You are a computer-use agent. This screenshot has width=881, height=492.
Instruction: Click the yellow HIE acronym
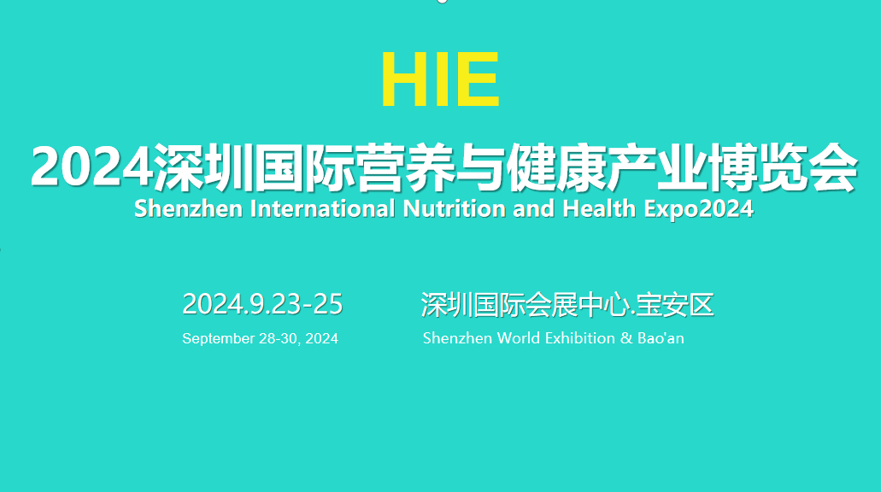click(441, 79)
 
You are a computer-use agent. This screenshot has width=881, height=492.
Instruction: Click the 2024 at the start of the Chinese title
click(92, 167)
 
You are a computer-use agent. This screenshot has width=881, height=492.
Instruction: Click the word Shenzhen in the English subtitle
click(188, 209)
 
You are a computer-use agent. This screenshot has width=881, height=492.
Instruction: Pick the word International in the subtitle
click(323, 209)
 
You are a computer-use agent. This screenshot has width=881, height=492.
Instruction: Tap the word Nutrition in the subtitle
click(454, 209)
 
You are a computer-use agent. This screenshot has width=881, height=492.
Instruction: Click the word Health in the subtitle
click(599, 209)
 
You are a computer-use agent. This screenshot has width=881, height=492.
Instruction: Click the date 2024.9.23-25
click(262, 304)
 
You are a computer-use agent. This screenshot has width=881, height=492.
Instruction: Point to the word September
click(218, 339)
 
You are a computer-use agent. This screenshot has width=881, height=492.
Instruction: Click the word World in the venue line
click(519, 338)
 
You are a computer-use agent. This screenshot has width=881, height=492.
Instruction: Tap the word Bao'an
click(661, 338)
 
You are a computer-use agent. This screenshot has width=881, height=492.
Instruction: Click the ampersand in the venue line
click(626, 338)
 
